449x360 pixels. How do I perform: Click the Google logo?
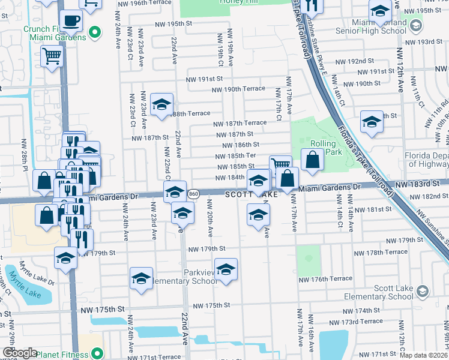pos(20,353)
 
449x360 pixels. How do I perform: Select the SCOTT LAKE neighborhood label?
pos(252,195)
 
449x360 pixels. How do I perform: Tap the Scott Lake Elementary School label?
pos(384,292)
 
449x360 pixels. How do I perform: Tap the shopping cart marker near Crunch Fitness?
pos(52,56)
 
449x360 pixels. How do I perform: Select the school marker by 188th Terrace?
pos(161,104)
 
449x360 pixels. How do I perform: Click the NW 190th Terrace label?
pos(238,89)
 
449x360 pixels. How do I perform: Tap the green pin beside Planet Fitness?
pos(96,354)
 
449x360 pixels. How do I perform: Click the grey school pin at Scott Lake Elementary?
pos(422,292)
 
